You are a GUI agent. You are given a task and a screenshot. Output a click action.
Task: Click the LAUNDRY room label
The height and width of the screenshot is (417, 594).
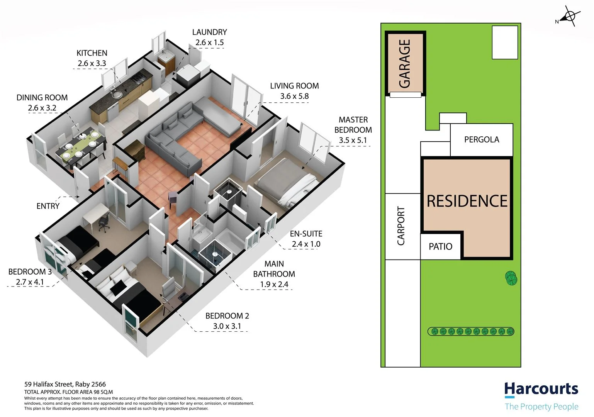pos(209,32)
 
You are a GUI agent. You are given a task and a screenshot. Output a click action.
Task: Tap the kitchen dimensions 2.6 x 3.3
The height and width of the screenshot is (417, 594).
pos(92,63)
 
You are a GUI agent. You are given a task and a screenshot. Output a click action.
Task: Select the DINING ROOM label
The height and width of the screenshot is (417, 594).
pos(42,98)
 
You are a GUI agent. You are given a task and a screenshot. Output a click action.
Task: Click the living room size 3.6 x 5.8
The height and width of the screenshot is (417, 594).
pos(294,96)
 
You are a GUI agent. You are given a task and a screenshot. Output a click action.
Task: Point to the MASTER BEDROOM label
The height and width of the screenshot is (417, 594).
pos(353,125)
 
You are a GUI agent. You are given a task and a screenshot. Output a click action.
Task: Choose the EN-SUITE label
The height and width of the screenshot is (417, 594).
pos(306,234)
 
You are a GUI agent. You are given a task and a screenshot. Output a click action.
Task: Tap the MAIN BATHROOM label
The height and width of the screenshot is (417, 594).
pos(274,269)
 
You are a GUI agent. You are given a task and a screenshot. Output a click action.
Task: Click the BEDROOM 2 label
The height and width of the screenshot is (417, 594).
pos(227,316)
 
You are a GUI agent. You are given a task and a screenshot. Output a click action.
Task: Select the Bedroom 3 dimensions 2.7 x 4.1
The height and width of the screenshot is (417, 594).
pos(30,282)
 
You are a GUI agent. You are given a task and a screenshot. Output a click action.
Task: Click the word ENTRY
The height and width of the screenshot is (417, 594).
pos(48,206)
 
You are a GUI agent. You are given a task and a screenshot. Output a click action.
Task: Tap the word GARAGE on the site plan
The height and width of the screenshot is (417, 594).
pos(405,64)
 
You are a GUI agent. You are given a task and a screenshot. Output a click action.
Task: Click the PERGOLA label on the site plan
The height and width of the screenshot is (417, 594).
pos(481,139)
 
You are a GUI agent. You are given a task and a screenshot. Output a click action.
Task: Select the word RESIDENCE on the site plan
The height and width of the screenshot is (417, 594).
pos(467,201)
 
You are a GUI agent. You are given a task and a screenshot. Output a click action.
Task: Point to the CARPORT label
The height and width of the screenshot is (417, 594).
pos(401,226)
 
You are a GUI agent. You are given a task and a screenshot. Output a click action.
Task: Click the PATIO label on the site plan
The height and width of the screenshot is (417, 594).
pos(440,246)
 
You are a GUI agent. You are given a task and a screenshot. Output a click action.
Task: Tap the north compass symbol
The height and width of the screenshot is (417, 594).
pos(569,17)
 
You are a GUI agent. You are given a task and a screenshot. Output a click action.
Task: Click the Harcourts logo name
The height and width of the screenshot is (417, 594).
pos(541,389)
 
